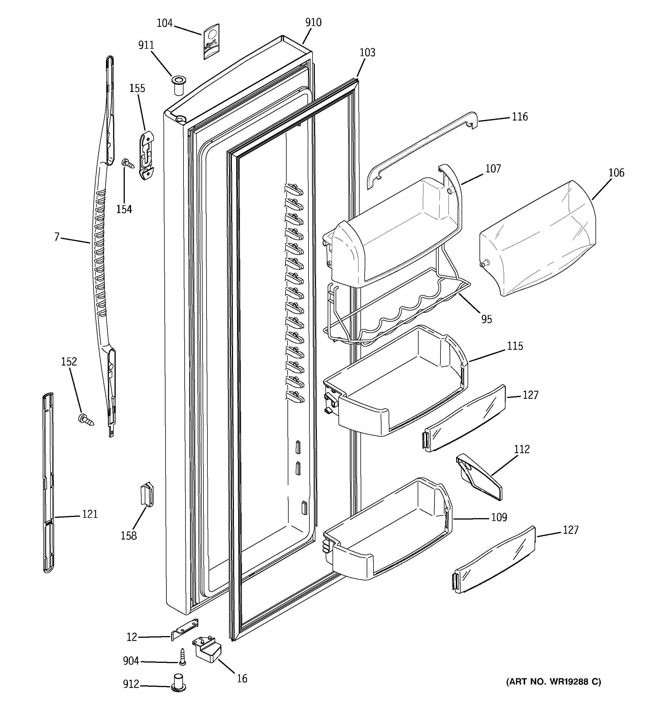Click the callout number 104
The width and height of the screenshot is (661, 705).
165,23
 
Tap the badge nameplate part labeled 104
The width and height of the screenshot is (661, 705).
211,42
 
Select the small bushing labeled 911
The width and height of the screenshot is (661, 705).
178,85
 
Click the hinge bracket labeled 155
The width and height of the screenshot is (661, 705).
146,155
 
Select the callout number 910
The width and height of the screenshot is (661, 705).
313,22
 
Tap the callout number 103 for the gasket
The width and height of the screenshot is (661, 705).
367,52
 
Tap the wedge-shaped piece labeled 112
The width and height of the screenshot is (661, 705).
479,477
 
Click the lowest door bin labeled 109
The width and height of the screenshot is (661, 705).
387,532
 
